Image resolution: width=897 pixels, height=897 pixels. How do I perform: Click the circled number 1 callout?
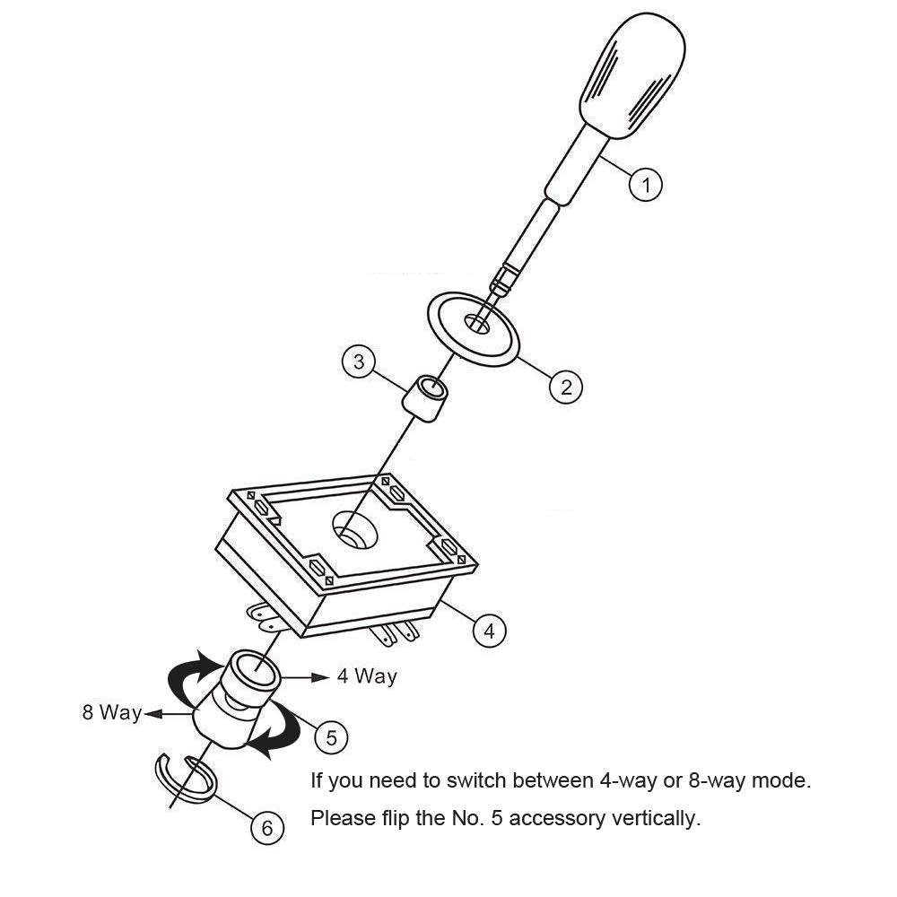(645, 186)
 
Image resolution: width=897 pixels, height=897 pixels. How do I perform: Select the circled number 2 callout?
(566, 387)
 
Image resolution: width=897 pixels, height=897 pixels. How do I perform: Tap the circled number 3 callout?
(359, 362)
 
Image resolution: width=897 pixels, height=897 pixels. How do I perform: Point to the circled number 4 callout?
(489, 631)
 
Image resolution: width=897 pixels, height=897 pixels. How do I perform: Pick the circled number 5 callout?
(331, 737)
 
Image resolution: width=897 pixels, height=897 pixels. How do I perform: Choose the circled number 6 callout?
(266, 828)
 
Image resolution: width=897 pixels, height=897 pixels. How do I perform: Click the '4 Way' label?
(367, 676)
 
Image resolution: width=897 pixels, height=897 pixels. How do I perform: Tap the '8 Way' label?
(112, 713)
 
